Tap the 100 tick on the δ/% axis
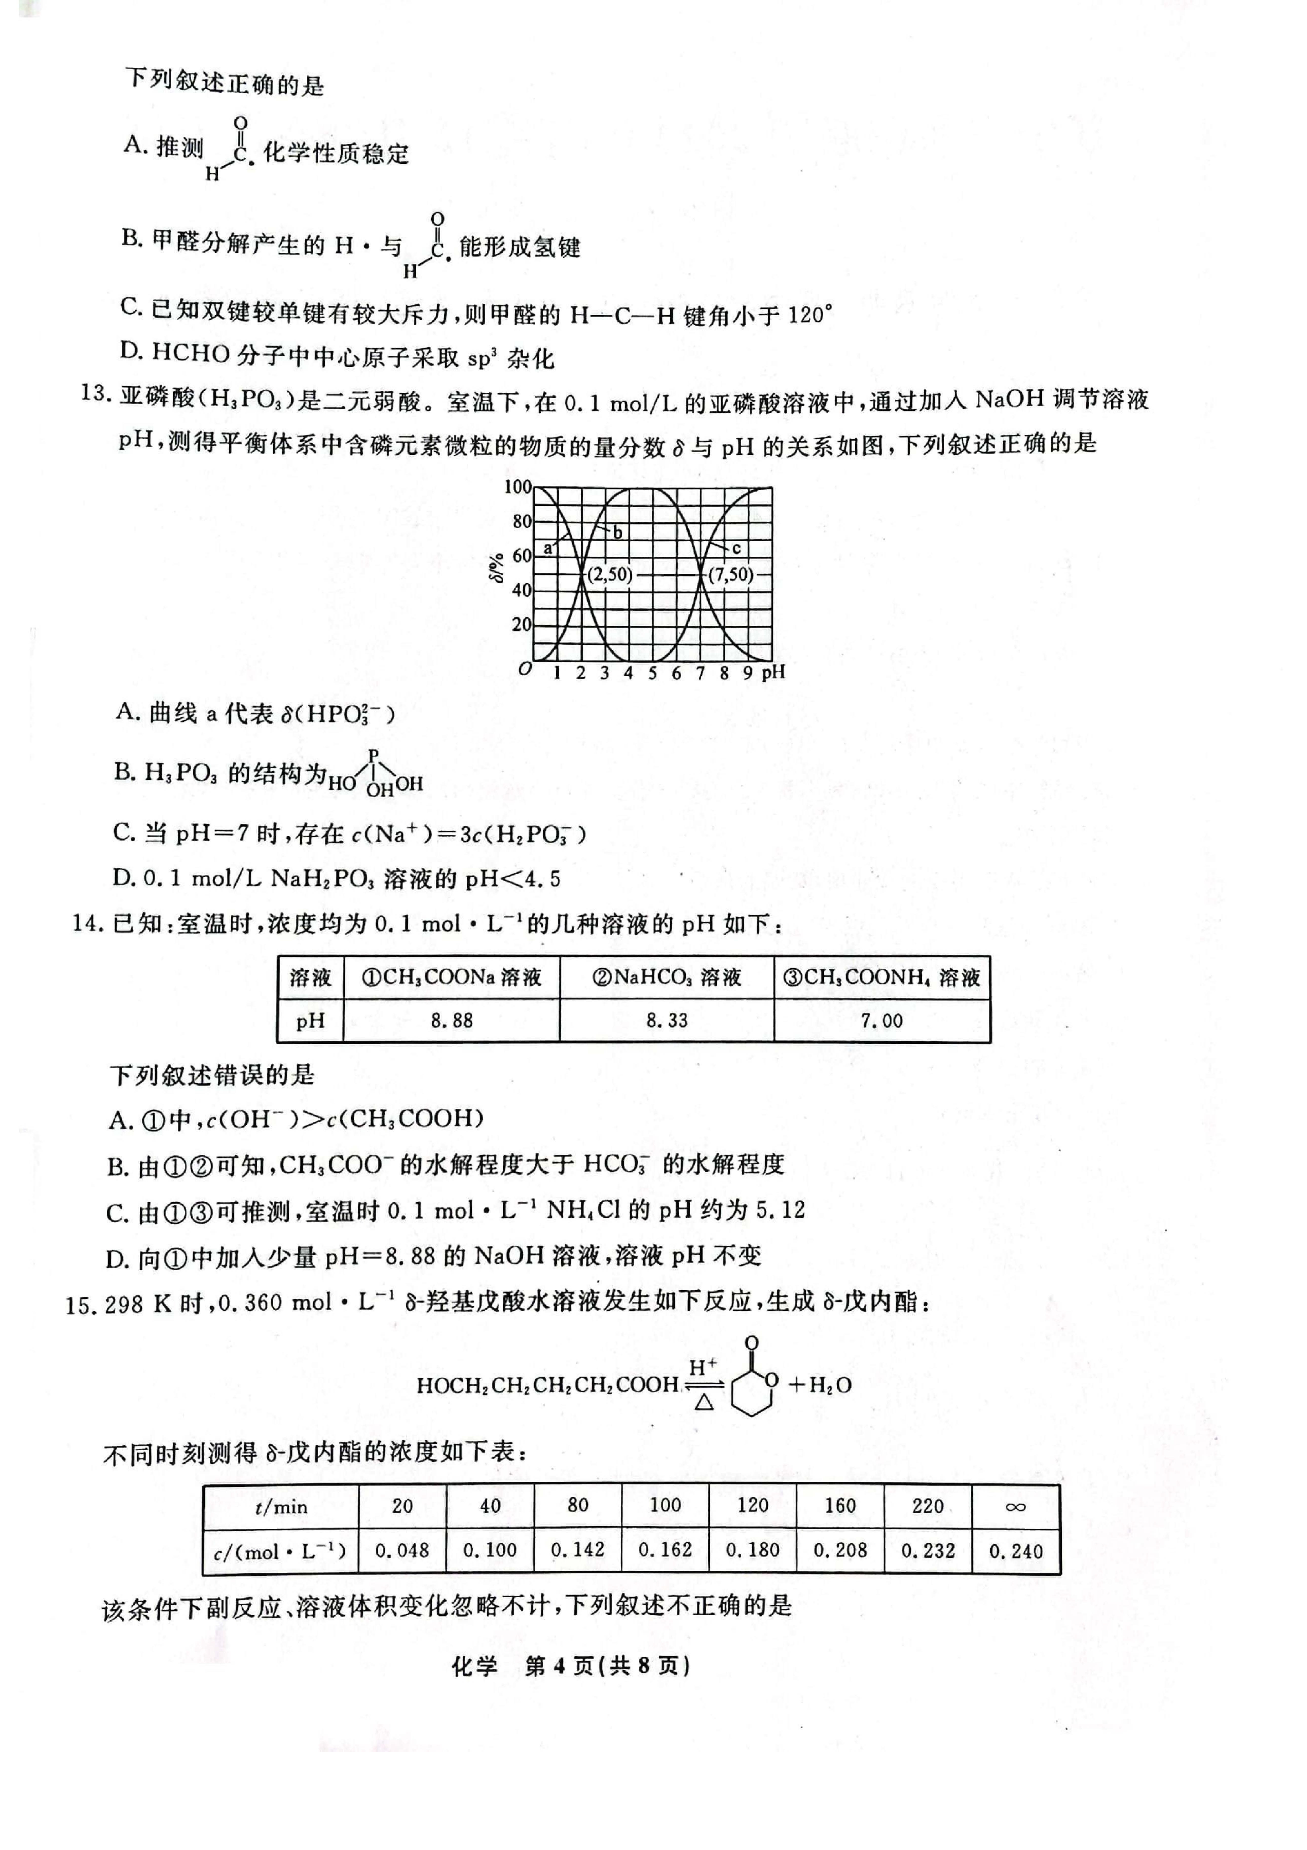(517, 487)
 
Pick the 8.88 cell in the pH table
(451, 1021)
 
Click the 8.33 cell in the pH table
(666, 1021)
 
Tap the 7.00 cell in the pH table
(881, 1021)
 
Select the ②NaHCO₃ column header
(666, 977)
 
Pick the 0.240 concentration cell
(1015, 1551)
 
